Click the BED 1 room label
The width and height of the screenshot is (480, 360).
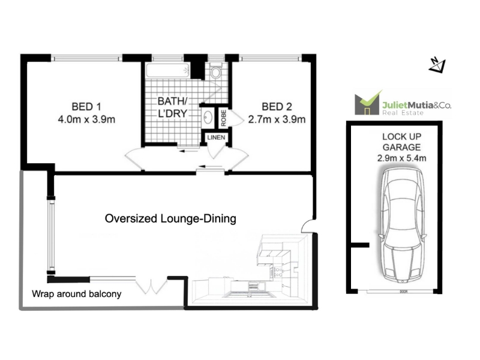(86, 107)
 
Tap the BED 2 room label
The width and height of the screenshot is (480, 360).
(277, 107)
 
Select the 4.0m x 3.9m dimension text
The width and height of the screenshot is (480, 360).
(86, 119)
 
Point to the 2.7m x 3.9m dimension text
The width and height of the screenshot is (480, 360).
(277, 119)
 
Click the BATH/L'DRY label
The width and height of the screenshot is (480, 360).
(172, 107)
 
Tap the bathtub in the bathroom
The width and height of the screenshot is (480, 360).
(168, 70)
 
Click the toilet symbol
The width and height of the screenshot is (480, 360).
(216, 71)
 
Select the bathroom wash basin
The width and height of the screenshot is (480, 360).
(208, 116)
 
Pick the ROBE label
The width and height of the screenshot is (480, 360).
(223, 118)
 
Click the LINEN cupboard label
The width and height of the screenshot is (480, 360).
(216, 137)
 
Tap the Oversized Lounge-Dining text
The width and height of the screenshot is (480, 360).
(170, 218)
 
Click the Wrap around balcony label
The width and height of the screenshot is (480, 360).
(77, 294)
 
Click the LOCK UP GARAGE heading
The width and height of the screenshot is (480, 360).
(401, 142)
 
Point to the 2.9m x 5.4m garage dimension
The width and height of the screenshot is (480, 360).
(401, 158)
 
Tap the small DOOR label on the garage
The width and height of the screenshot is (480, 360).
(403, 292)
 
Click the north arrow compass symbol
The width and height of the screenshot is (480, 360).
(437, 65)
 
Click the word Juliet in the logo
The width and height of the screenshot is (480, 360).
(395, 106)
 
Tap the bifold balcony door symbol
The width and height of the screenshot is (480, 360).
(152, 286)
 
